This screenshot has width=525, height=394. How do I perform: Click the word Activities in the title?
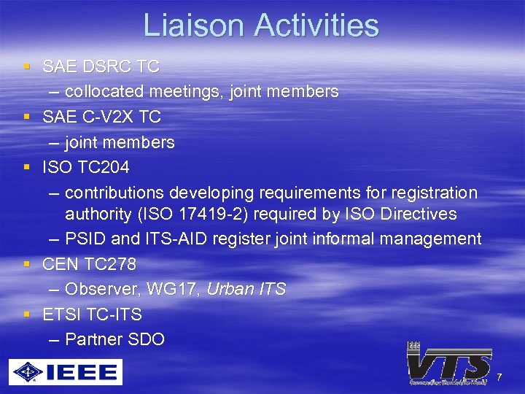[x=316, y=26]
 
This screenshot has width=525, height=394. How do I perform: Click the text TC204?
[x=100, y=167]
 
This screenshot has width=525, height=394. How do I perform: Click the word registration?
[x=434, y=193]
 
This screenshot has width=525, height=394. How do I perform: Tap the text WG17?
[x=171, y=289]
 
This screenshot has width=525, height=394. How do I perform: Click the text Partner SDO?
[x=114, y=339]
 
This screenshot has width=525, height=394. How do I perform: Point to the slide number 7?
[x=499, y=377]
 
